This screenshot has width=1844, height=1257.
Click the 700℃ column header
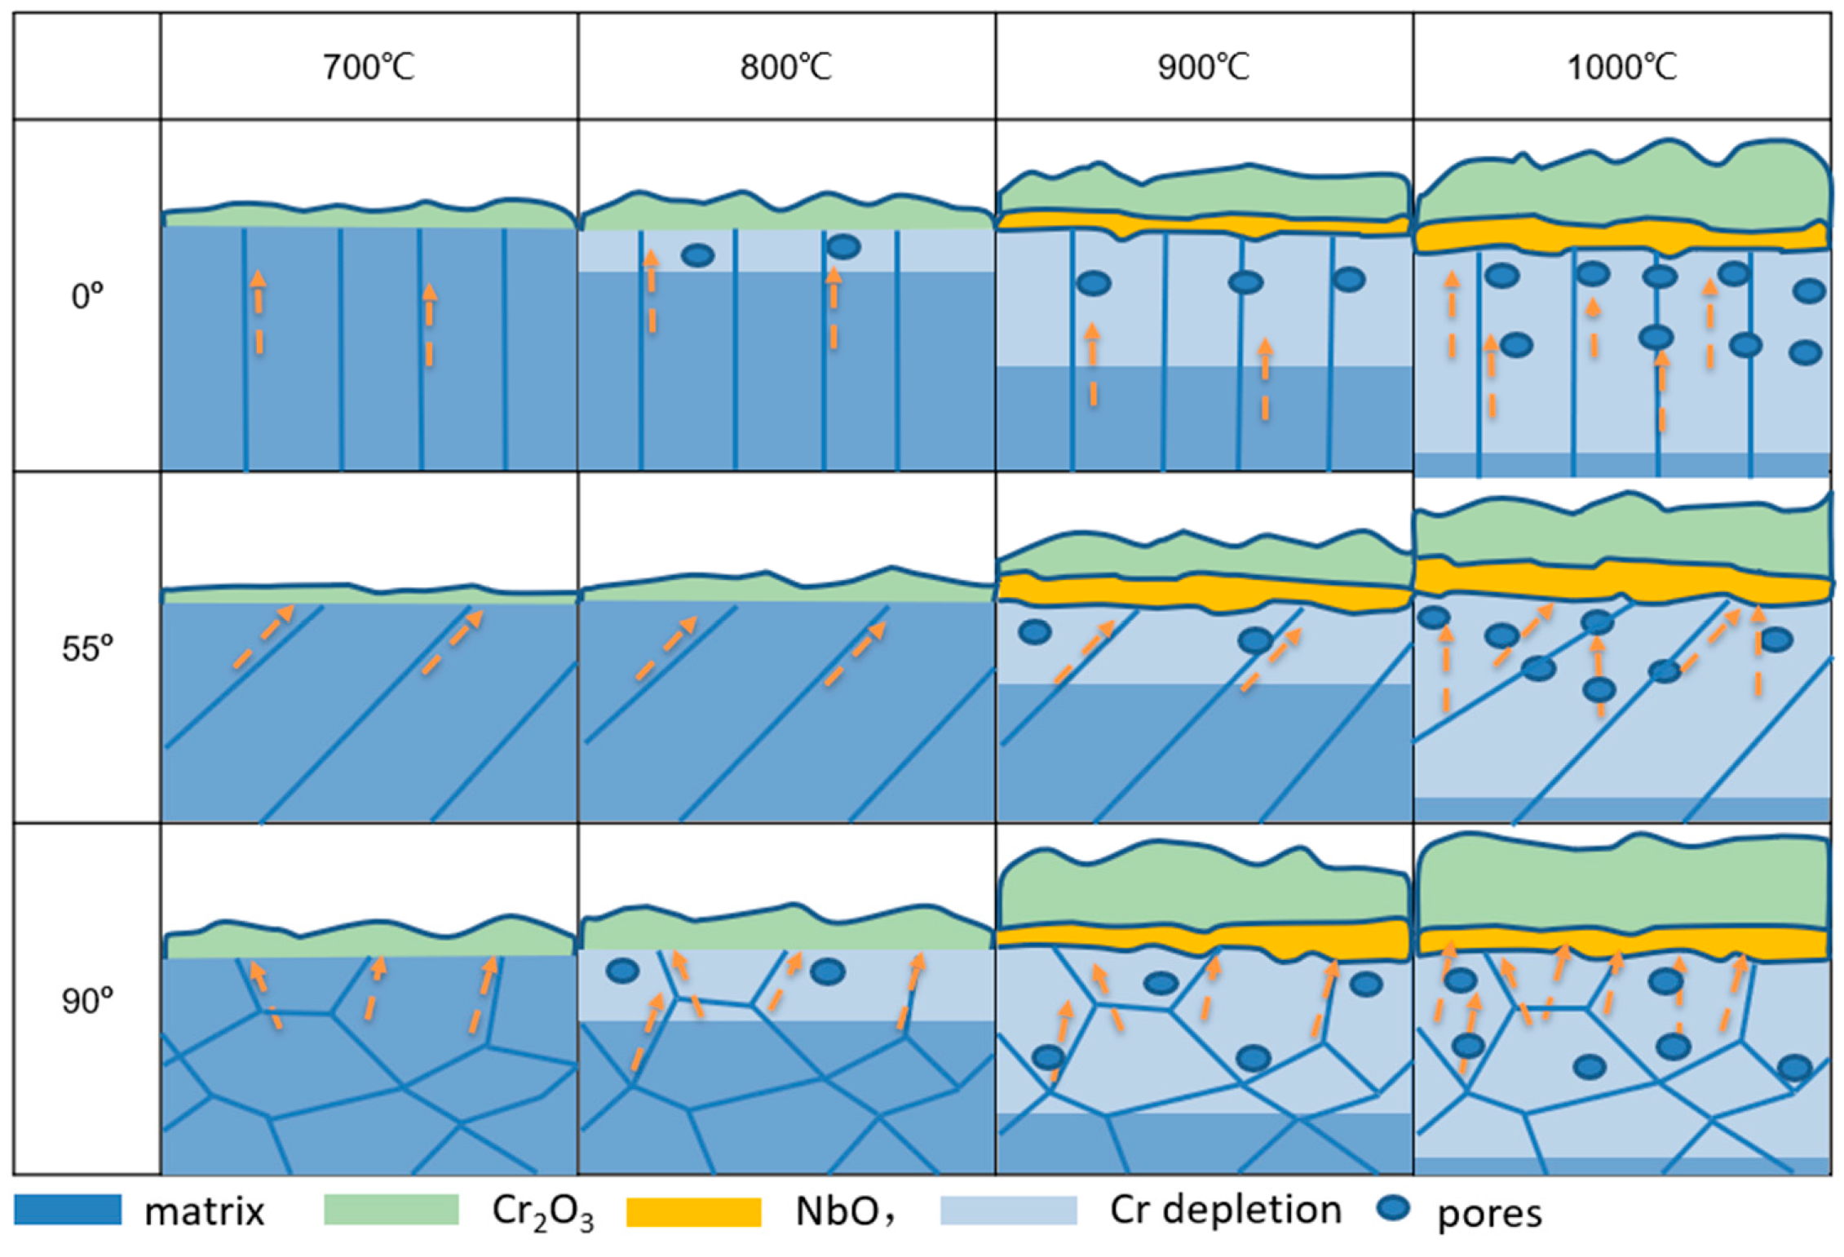point(369,67)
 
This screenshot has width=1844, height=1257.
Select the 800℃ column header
point(786,67)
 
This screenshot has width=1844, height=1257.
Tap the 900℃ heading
point(1204,67)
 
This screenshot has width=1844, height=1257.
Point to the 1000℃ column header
point(1622,67)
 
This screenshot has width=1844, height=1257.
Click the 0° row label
point(87,296)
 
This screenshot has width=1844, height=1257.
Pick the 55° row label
point(87,648)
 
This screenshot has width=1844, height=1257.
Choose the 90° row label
point(87,1000)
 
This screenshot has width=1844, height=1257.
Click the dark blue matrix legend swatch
point(68,1210)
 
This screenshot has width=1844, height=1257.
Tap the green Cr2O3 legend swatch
point(391,1210)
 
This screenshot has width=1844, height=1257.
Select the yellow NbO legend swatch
point(693,1211)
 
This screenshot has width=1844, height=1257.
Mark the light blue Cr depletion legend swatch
point(1008,1211)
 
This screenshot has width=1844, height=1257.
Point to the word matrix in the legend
point(205,1212)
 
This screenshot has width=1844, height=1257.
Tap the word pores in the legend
point(1489,1214)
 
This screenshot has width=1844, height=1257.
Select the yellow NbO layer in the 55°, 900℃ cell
point(1204,590)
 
